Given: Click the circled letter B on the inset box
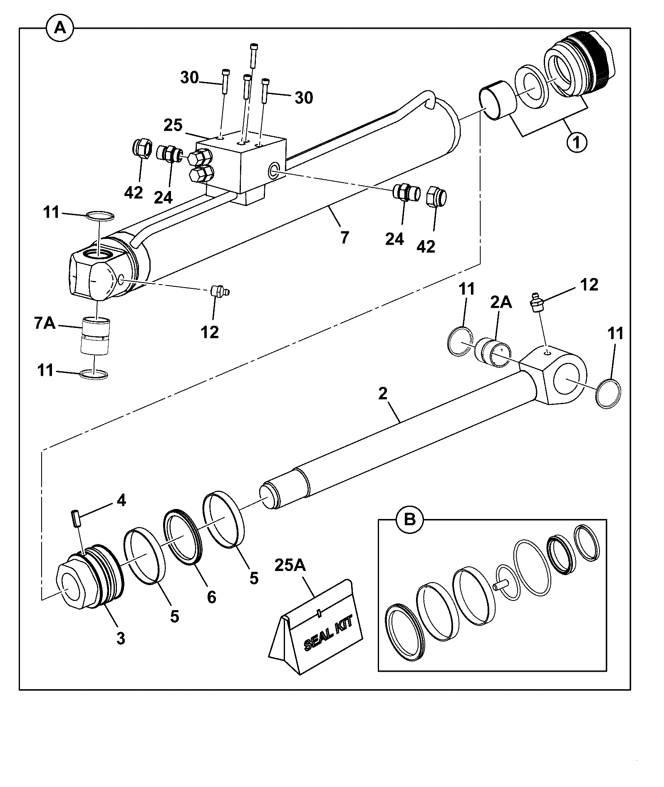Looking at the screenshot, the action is (x=410, y=520).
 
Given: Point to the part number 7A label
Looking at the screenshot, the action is (x=45, y=323).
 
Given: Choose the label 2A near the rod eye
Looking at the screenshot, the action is (x=501, y=303).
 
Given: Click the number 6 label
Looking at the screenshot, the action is (x=211, y=597).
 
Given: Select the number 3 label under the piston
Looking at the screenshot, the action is (x=121, y=638).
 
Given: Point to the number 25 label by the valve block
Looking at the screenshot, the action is (x=173, y=125).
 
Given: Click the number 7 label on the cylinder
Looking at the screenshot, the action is (x=344, y=238).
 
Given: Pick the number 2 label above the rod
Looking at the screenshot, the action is (x=383, y=394).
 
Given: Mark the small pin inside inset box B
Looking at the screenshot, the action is (x=500, y=585).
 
